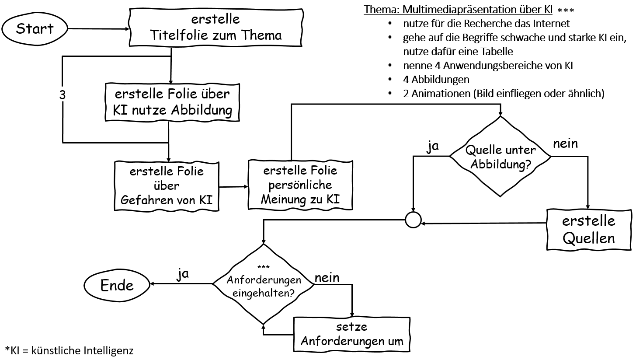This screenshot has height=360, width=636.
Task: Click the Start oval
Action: coord(35,29)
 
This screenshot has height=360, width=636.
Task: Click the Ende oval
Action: coord(117,285)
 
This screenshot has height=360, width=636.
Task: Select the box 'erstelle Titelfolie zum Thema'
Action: coord(215,27)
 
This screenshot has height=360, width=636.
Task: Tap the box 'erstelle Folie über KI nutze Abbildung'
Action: coord(172,102)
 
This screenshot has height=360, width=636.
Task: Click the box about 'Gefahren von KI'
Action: coord(167,185)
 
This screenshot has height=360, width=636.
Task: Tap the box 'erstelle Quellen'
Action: coord(588,230)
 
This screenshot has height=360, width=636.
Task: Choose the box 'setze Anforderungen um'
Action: coord(352,334)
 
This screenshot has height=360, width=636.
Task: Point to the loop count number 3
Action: coord(63,95)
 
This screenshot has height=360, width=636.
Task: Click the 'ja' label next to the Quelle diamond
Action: coord(432,147)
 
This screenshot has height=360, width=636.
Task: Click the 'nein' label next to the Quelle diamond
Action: coord(565,143)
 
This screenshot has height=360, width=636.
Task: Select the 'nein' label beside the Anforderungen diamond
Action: coord(327,277)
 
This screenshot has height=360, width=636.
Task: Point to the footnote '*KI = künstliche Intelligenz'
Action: coord(69,350)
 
